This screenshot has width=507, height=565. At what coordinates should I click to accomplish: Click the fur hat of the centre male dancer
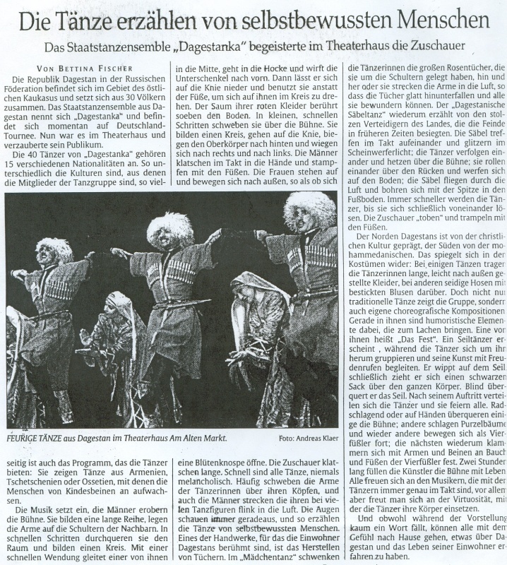(x=170, y=228)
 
